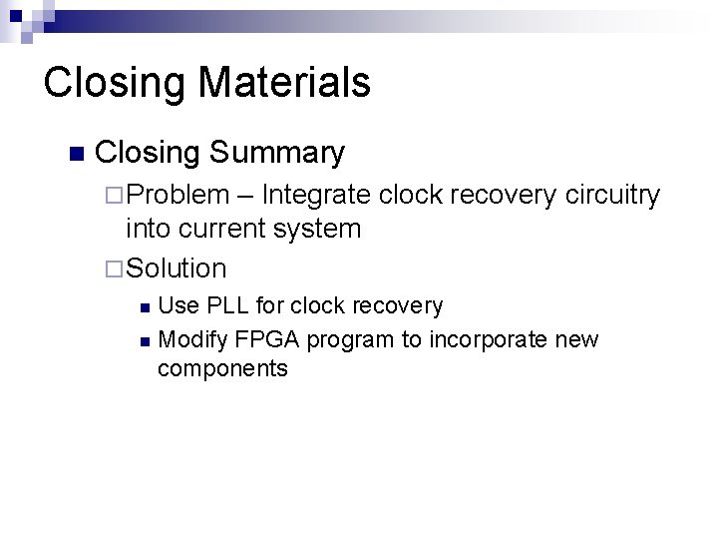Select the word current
218,229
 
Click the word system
317,229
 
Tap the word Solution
177,269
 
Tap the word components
222,369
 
